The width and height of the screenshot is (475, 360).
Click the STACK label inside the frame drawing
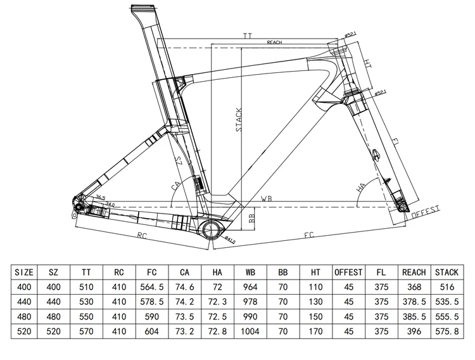[239, 119]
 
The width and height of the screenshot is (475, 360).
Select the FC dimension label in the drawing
[308, 235]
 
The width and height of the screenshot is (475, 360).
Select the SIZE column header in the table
[23, 273]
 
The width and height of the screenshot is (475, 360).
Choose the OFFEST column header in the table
[348, 273]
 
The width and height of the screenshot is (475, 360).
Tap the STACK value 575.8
[446, 331]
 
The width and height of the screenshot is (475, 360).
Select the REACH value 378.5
[414, 302]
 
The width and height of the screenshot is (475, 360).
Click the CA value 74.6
[184, 287]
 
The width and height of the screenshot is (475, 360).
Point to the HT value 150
[315, 316]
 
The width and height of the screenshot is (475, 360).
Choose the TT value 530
[86, 302]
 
